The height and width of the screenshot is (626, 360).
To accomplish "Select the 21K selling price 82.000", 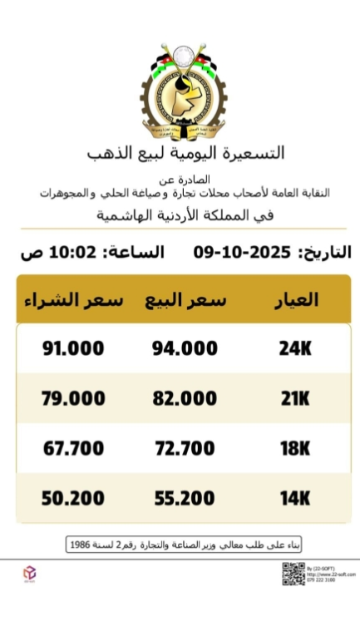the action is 185,398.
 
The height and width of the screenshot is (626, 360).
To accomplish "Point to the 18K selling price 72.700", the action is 185,449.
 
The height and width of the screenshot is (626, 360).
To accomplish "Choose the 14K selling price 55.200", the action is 185,499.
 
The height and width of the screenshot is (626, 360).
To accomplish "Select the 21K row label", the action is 295,398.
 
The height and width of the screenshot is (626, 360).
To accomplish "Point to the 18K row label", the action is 295,449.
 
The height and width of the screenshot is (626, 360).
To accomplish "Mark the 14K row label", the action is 295,499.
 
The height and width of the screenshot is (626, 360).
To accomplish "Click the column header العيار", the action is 296,300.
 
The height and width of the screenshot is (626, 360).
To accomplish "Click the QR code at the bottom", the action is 293,574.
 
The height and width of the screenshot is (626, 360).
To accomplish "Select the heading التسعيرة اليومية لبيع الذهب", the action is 185,153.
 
